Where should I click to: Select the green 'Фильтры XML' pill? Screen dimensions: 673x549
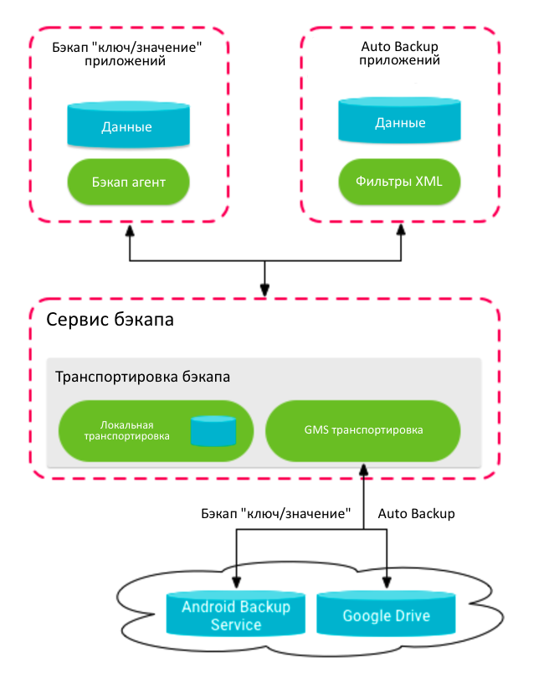coord(399,180)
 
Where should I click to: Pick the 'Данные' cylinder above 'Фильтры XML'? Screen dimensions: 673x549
coord(399,121)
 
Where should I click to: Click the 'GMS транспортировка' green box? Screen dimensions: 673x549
coord(363,431)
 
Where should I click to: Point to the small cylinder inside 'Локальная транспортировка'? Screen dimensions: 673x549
coord(213,430)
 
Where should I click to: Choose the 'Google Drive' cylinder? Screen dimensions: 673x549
coord(386,614)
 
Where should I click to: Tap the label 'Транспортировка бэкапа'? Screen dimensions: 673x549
coord(142,377)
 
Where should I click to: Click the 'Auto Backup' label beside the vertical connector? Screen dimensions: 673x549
coord(417,513)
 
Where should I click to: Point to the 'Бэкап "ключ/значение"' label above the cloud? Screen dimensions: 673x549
coord(275,513)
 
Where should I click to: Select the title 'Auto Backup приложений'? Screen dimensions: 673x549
coord(399,54)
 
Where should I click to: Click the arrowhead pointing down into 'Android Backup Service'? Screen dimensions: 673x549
coord(236,583)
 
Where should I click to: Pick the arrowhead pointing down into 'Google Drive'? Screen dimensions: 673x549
coord(387,583)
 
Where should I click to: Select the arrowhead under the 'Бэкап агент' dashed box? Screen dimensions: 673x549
coord(129,229)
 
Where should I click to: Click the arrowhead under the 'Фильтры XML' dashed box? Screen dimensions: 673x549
coord(401,229)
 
